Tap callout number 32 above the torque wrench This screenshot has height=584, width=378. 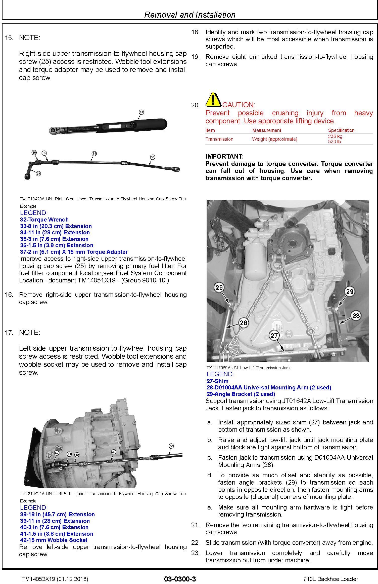[141, 112]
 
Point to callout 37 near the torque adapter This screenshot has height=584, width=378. [38, 173]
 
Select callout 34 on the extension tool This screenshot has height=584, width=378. [94, 154]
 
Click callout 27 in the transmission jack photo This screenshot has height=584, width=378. [274, 335]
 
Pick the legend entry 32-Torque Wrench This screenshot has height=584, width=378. [44, 220]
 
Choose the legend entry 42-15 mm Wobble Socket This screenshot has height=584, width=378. [54, 540]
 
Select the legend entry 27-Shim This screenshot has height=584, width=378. [217, 381]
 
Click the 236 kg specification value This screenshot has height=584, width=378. [335, 136]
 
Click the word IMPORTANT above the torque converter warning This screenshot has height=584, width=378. [224, 157]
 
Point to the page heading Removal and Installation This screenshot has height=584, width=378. [190, 15]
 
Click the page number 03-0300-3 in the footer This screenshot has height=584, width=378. [180, 579]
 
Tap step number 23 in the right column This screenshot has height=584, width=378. [195, 553]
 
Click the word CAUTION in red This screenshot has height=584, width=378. [239, 105]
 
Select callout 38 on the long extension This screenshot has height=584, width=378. [171, 446]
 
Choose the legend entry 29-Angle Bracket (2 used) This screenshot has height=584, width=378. [241, 394]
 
